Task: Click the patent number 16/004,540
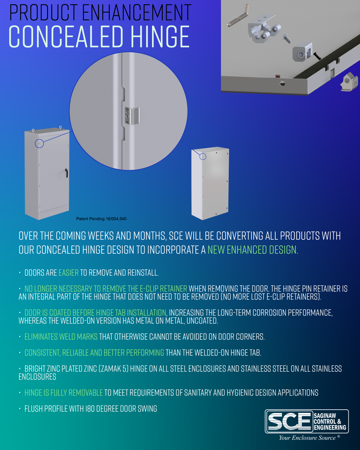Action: coord(116,219)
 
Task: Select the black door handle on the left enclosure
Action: coord(67,173)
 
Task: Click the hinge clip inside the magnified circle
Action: coord(132,116)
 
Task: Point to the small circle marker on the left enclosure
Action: coord(39,143)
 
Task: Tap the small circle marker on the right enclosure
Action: coord(203,156)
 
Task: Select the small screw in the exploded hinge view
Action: coord(287,38)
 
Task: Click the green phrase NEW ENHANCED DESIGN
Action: coord(253,250)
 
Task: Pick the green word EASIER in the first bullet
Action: coord(68,273)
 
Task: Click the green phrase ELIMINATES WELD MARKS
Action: coord(61,337)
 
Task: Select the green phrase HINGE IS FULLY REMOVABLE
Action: coord(64,393)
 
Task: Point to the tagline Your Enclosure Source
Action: coord(307,438)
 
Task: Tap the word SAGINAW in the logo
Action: coord(325,416)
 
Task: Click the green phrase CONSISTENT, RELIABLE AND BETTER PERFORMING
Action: coord(94,353)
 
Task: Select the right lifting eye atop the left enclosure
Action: coord(60,127)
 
